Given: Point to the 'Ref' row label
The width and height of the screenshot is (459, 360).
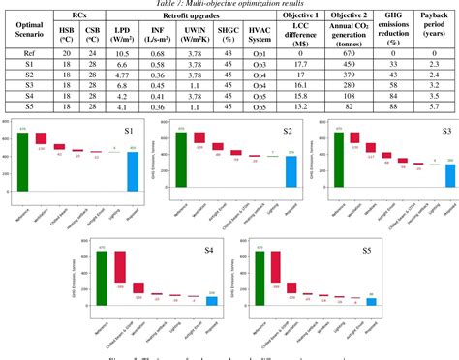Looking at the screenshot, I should pos(32,54).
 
